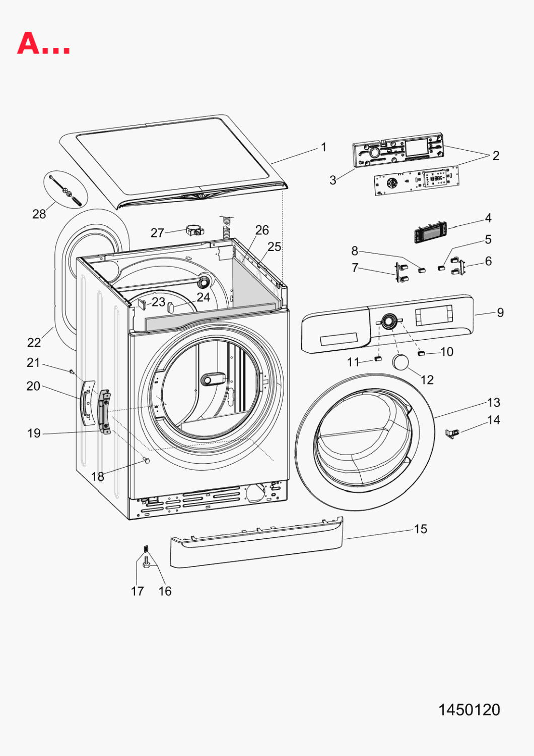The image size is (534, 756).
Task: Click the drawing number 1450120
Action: (x=469, y=710)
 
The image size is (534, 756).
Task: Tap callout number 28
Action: (x=39, y=214)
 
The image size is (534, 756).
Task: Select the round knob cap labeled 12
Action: (x=400, y=362)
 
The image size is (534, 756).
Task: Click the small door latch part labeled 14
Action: (x=452, y=433)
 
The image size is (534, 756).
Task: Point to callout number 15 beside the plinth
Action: (x=420, y=529)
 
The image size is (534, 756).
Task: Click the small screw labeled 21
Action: (x=72, y=371)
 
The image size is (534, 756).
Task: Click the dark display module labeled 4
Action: (x=430, y=232)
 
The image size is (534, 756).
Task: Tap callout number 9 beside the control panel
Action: (x=500, y=312)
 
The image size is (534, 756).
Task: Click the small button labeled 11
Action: (x=378, y=358)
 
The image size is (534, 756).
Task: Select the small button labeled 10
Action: (x=421, y=353)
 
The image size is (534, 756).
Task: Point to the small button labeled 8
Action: (x=422, y=270)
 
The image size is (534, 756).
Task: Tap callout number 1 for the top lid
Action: (x=323, y=147)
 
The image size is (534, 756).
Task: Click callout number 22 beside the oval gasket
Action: (x=34, y=343)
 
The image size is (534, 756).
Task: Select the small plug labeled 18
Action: (x=147, y=460)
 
